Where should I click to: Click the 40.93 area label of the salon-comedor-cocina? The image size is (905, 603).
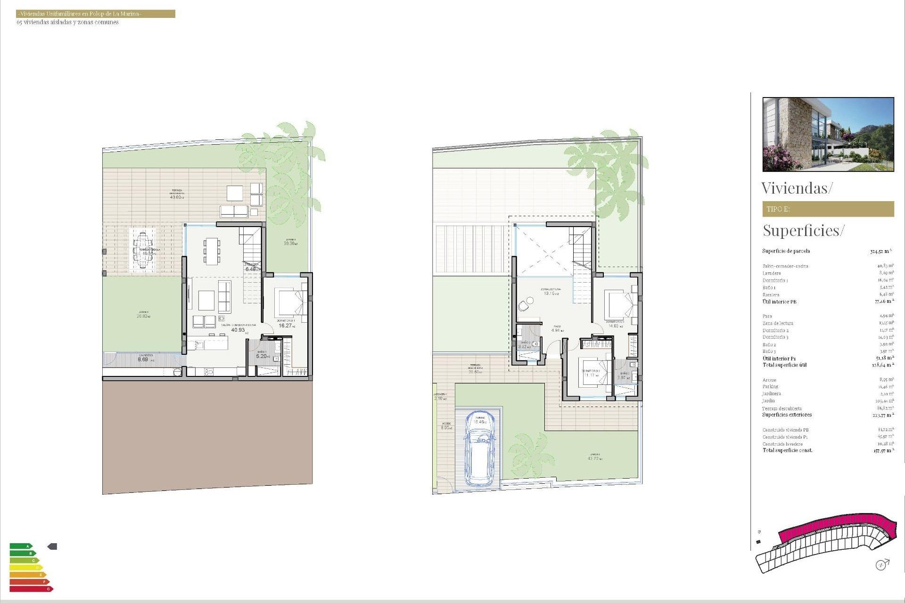[238, 330]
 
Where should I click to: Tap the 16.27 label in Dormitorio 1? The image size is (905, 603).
[285, 326]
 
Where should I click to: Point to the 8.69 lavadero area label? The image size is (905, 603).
[143, 359]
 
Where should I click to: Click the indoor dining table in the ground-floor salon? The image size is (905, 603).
[212, 250]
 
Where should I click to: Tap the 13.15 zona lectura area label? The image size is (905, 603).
[550, 293]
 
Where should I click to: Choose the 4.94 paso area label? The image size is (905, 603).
[557, 330]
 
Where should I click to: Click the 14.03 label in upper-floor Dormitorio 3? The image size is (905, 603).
[614, 326]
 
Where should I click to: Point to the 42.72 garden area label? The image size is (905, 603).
[593, 458]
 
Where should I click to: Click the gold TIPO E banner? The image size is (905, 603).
[828, 209]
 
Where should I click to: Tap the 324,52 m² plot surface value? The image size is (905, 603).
[880, 252]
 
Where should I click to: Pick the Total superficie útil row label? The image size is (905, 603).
[784, 365]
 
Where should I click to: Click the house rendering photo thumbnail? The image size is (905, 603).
[828, 134]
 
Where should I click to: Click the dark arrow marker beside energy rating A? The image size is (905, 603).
[52, 546]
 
